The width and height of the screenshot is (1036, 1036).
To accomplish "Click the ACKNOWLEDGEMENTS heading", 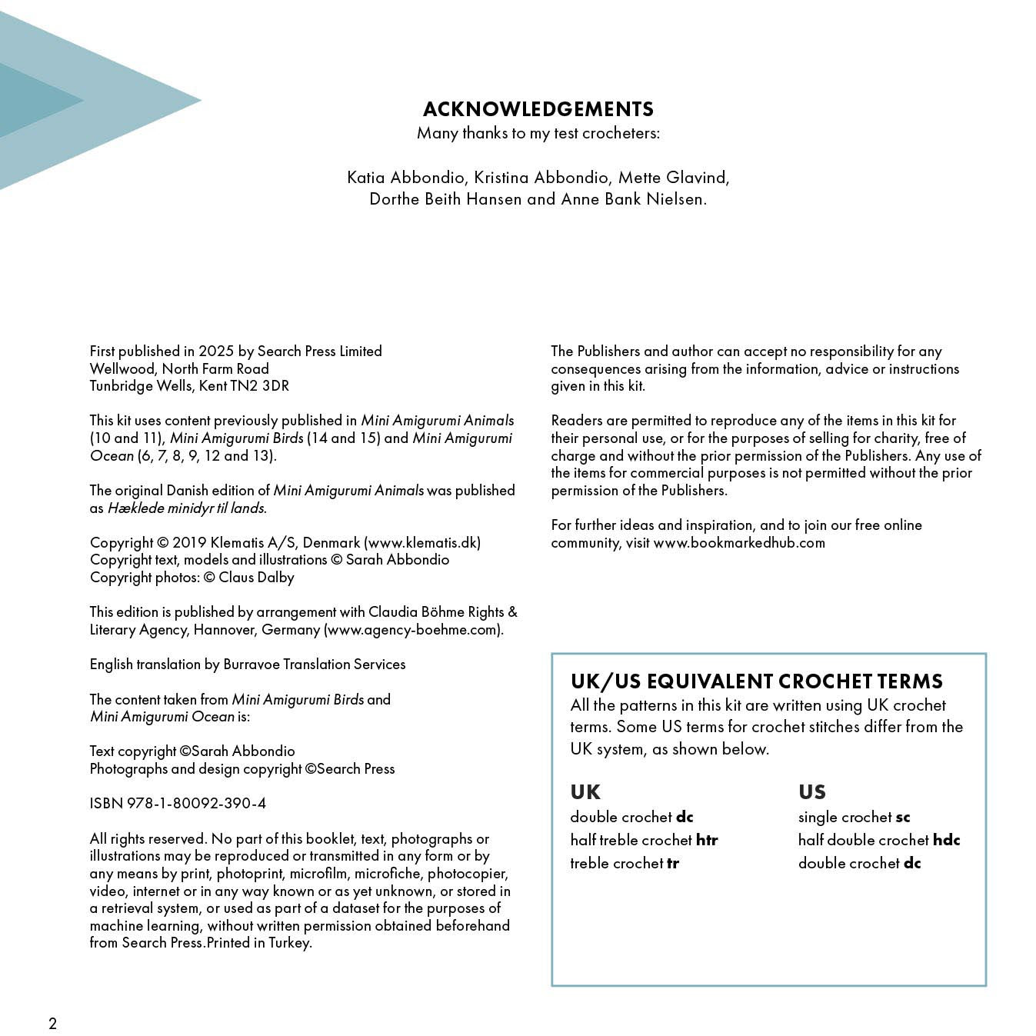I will point(538,109).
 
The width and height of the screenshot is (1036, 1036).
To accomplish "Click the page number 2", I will point(52,1023).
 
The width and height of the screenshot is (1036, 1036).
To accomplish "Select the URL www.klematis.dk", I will point(422,543).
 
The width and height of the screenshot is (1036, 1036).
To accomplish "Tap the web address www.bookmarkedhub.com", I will point(738,543).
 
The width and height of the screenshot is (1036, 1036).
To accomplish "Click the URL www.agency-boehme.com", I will point(413,630).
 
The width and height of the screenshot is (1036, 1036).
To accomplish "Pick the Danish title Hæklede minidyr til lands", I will point(186,508).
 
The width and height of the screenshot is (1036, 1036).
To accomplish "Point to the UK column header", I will point(585,792).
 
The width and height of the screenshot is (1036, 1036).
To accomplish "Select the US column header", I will point(812,792).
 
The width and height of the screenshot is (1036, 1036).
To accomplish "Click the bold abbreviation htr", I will point(707,841).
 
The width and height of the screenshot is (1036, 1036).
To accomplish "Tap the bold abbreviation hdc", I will point(946,841).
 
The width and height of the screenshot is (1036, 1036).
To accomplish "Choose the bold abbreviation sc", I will point(903,818).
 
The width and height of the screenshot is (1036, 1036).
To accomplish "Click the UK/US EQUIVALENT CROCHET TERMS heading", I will point(756,682).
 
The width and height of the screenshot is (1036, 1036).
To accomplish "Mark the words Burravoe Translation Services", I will point(314,665).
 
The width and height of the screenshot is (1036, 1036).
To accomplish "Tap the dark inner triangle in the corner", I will point(31,101).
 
